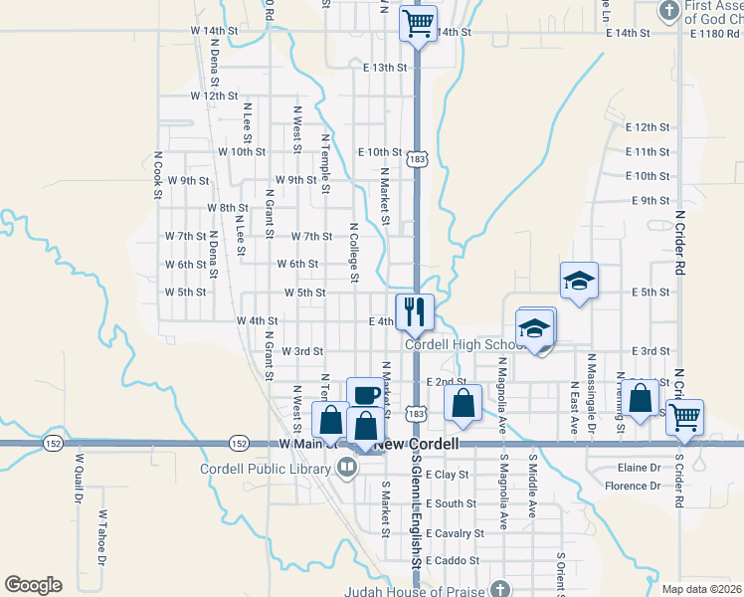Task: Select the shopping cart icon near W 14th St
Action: tap(419, 23)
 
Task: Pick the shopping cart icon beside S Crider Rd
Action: tap(684, 417)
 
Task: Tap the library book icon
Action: tap(347, 469)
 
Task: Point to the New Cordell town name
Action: tap(417, 444)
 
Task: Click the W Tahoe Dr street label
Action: tap(101, 538)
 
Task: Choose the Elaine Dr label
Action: tap(640, 467)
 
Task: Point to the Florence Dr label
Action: tap(633, 487)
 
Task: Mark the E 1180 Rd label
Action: tap(710, 32)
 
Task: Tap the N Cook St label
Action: tap(157, 175)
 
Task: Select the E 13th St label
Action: tap(385, 67)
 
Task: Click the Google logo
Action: tap(33, 584)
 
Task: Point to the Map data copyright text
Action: tap(700, 589)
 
